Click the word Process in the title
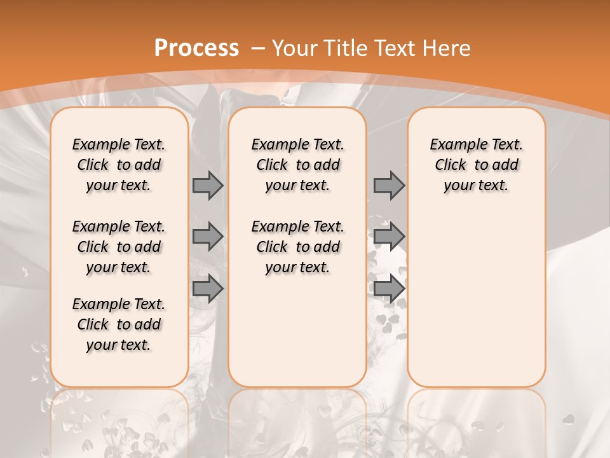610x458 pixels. click(196, 48)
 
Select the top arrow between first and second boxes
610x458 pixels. click(208, 185)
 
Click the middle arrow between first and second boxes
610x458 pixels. click(208, 237)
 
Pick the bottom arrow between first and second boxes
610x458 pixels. click(208, 289)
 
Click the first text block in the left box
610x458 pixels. click(119, 165)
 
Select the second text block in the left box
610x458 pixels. click(119, 247)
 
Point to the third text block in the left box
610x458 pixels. click(119, 324)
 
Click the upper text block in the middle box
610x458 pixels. click(297, 165)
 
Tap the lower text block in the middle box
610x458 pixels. click(297, 247)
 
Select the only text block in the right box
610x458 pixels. click(476, 165)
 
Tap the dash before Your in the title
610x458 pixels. click(259, 48)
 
